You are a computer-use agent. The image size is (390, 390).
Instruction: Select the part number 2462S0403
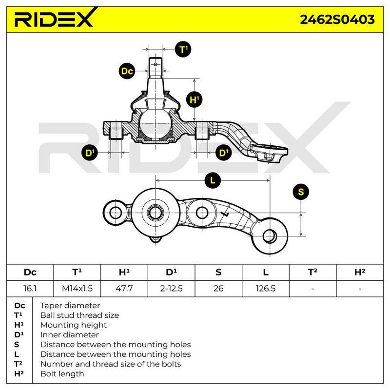pyautogui.click(x=337, y=19)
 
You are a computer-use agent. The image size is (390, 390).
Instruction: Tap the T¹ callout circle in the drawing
pyautogui.click(x=183, y=49)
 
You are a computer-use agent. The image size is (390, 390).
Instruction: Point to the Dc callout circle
pyautogui.click(x=127, y=71)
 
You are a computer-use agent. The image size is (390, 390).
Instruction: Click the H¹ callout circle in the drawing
pyautogui.click(x=194, y=100)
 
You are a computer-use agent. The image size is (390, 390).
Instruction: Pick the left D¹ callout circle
pyautogui.click(x=90, y=153)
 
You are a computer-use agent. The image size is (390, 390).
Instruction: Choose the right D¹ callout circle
pyautogui.click(x=224, y=153)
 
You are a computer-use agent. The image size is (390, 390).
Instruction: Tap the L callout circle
pyautogui.click(x=213, y=180)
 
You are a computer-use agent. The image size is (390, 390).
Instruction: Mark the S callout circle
pyautogui.click(x=301, y=192)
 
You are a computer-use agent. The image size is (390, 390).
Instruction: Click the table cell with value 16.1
pyautogui.click(x=30, y=289)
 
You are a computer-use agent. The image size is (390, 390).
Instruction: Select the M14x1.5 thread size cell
pyautogui.click(x=77, y=289)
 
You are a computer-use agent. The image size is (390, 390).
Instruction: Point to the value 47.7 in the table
pyautogui.click(x=124, y=289)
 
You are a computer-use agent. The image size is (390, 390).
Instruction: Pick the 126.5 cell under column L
pyautogui.click(x=266, y=289)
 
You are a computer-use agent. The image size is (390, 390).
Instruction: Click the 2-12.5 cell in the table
pyautogui.click(x=172, y=289)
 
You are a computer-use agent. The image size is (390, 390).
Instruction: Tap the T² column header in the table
pyautogui.click(x=312, y=273)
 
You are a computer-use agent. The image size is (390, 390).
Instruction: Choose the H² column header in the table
pyautogui.click(x=360, y=273)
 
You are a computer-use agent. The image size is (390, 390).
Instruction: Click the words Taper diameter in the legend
pyautogui.click(x=70, y=306)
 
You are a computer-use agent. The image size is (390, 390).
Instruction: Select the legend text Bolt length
pyautogui.click(x=62, y=373)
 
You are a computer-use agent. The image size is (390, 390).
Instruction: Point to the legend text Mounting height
pyautogui.click(x=74, y=325)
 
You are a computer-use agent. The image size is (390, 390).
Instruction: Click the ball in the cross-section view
pyautogui.click(x=156, y=123)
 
